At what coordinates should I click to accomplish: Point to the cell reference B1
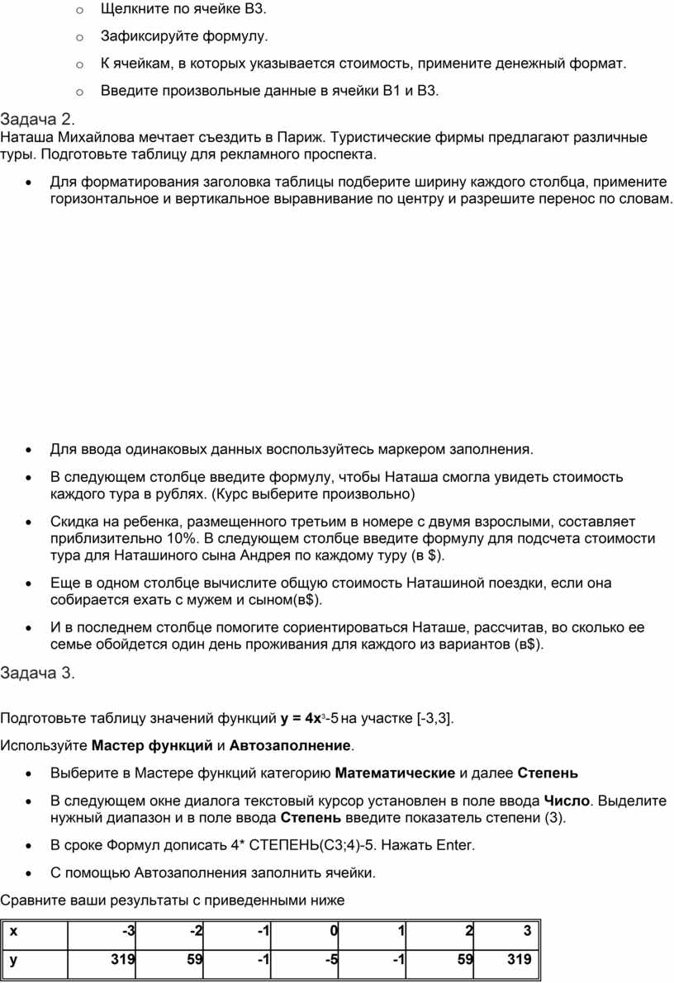pos(392,90)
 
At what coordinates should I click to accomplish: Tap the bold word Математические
pos(396,773)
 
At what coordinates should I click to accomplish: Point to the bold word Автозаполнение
pos(289,746)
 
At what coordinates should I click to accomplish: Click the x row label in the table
pos(13,932)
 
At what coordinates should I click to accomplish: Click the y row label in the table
pos(13,959)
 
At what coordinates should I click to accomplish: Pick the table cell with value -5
pos(330,959)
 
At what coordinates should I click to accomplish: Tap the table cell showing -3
pos(128,932)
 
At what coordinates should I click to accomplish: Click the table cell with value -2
pos(196,932)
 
